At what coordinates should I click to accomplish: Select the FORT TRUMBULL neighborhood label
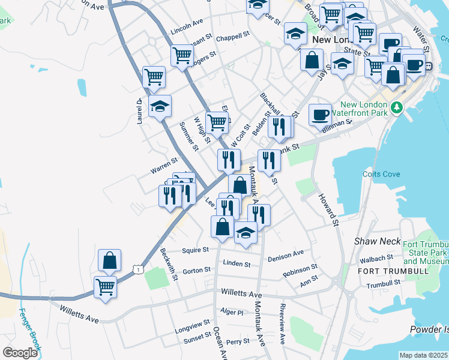(393, 271)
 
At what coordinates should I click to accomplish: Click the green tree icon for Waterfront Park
(396, 107)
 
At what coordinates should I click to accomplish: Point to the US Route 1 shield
(138, 271)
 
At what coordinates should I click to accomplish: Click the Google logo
(19, 352)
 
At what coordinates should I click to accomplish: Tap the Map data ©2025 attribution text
(423, 355)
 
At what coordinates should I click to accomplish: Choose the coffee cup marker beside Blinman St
(320, 113)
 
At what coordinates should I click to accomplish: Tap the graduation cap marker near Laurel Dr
(160, 106)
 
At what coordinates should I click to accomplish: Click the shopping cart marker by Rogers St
(182, 55)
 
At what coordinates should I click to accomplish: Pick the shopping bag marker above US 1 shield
(109, 260)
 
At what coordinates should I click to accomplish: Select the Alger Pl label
(232, 313)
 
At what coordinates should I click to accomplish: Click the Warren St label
(164, 162)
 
